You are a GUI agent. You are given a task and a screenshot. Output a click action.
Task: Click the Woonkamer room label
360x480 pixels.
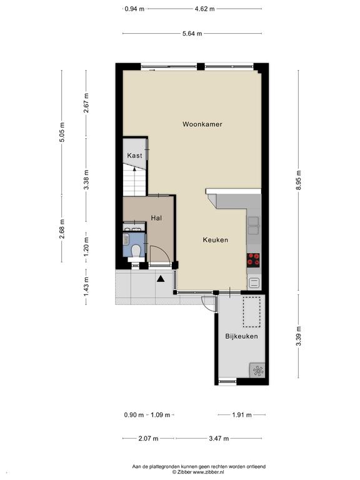[202, 124]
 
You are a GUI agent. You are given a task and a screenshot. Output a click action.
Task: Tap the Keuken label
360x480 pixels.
[216, 240]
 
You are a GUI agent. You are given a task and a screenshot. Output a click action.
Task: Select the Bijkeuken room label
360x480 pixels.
[241, 336]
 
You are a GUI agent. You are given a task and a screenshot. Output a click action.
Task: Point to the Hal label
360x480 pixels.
[156, 218]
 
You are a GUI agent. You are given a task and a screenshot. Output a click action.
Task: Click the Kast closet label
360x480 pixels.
[135, 156]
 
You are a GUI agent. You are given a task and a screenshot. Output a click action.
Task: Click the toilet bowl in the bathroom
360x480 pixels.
[135, 252]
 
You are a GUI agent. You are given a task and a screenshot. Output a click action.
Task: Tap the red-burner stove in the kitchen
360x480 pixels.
[253, 259]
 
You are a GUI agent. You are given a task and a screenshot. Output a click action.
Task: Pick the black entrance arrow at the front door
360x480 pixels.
[161, 279]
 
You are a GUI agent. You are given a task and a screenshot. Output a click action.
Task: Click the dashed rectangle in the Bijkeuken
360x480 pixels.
[252, 311]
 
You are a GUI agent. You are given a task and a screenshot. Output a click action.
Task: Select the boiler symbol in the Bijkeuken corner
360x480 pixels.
[257, 371]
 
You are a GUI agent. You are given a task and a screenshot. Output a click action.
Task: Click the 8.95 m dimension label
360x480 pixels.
[299, 180]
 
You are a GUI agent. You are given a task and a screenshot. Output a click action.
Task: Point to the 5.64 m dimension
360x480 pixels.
[192, 34]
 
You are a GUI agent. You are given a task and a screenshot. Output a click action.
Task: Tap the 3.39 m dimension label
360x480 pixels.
[299, 336]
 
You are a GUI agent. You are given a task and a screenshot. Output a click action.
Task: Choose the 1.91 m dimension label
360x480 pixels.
[242, 415]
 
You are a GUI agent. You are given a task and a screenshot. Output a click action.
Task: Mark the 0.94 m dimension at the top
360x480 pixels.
[134, 9]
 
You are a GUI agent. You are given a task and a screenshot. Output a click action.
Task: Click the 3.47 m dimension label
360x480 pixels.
[219, 438]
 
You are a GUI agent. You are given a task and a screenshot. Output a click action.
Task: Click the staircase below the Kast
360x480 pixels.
[134, 181]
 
